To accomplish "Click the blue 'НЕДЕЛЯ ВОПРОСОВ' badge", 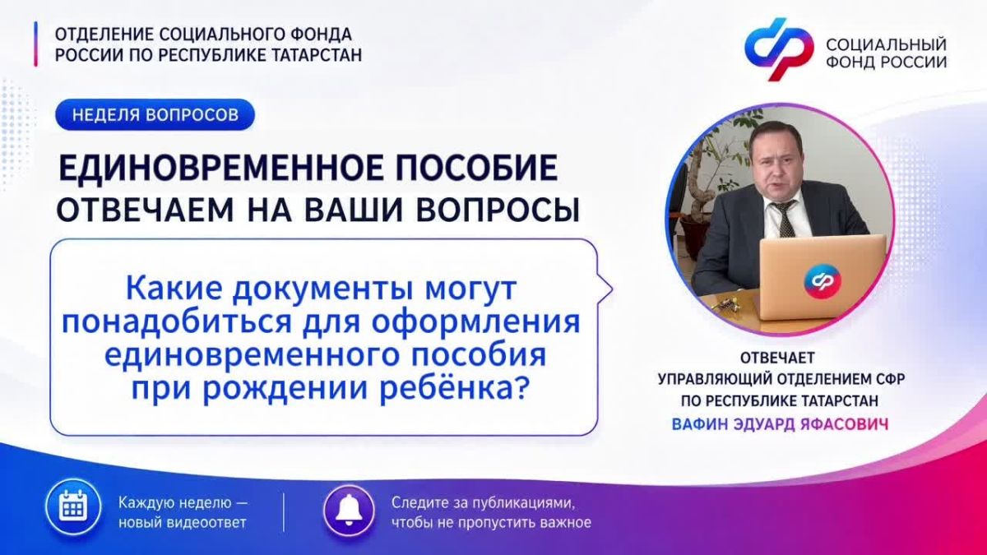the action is pyautogui.click(x=155, y=114).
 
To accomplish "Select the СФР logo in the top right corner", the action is pyautogui.click(x=778, y=49).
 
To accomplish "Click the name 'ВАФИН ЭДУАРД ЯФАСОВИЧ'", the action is pyautogui.click(x=781, y=424).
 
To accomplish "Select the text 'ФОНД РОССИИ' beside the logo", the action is pyautogui.click(x=886, y=62).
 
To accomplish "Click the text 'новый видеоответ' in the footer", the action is pyautogui.click(x=183, y=523).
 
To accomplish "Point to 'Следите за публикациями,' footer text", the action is pyautogui.click(x=484, y=502).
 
